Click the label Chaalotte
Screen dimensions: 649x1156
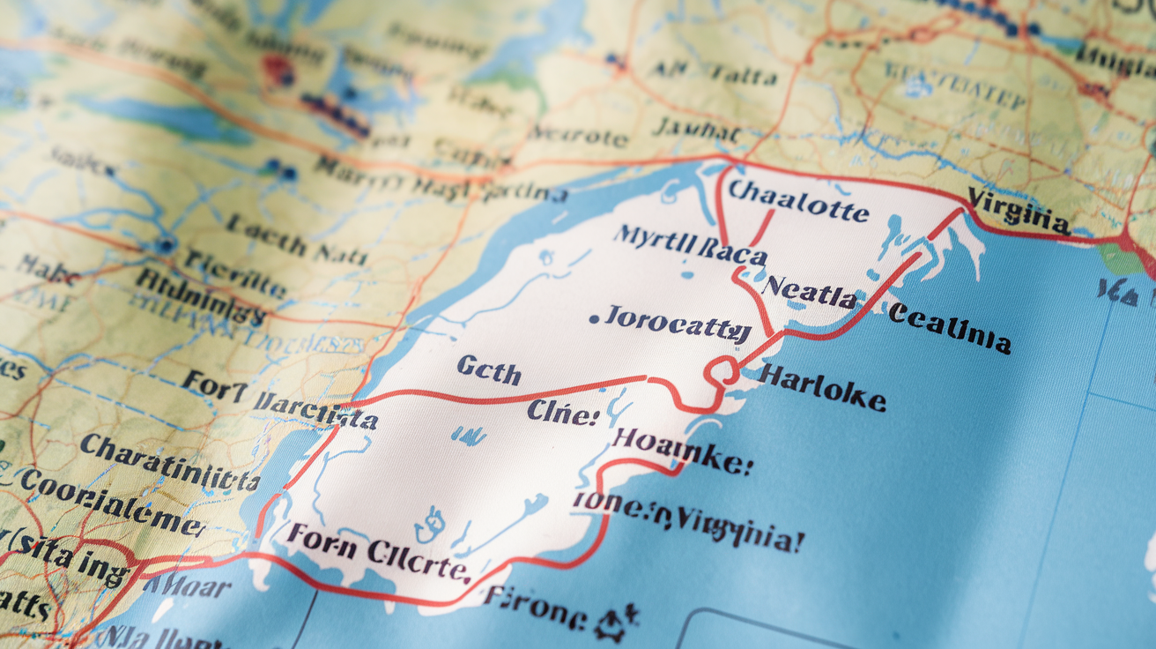point(798,201)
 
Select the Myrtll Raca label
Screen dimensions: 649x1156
point(690,246)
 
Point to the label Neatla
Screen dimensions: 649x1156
point(809,291)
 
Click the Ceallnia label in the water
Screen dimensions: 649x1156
point(948,327)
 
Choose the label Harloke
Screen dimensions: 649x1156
point(821,387)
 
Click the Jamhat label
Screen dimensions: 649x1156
point(696,131)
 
